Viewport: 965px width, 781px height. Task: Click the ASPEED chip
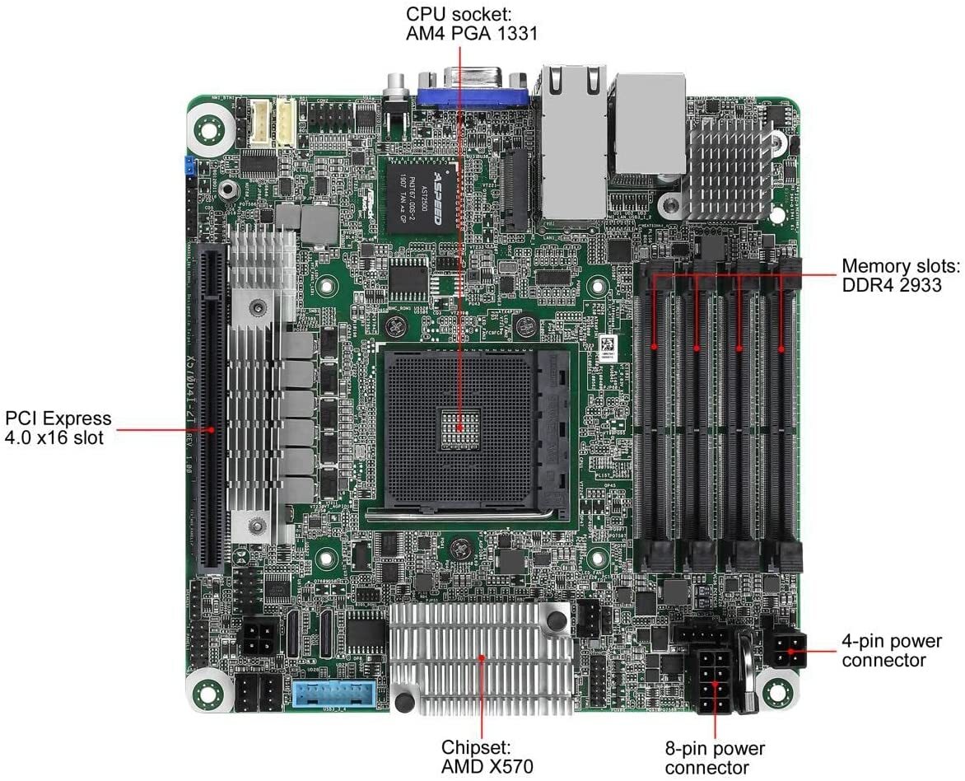click(x=422, y=194)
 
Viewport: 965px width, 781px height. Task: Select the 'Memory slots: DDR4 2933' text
click(x=900, y=276)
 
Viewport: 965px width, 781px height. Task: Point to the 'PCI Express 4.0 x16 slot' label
click(x=58, y=428)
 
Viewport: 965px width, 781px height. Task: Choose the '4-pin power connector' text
click(x=891, y=650)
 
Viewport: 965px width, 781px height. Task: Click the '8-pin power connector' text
click(x=715, y=758)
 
